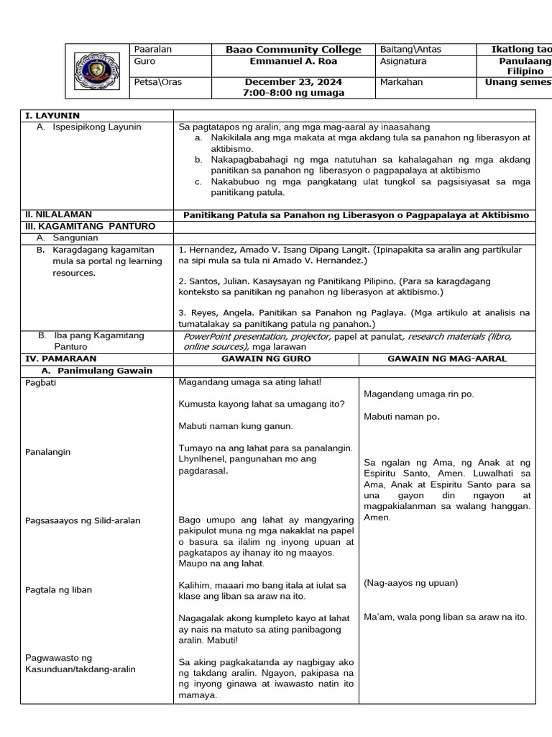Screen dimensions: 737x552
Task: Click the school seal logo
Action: [x=97, y=71]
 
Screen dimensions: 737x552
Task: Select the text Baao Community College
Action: [x=293, y=50]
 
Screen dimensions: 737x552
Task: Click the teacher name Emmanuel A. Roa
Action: [x=293, y=62]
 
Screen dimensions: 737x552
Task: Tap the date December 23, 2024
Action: [x=293, y=82]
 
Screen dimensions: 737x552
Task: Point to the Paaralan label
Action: [x=153, y=50]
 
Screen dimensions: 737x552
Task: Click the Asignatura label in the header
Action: [x=402, y=62]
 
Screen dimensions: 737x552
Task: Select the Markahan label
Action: [x=400, y=82]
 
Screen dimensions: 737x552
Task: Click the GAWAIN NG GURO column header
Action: [x=265, y=358]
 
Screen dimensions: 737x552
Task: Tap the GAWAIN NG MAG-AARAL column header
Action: [x=446, y=358]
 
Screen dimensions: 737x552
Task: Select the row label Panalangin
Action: [x=49, y=452]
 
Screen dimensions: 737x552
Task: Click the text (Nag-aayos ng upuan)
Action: [x=410, y=583]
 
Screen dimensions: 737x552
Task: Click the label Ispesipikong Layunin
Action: [x=97, y=127]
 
